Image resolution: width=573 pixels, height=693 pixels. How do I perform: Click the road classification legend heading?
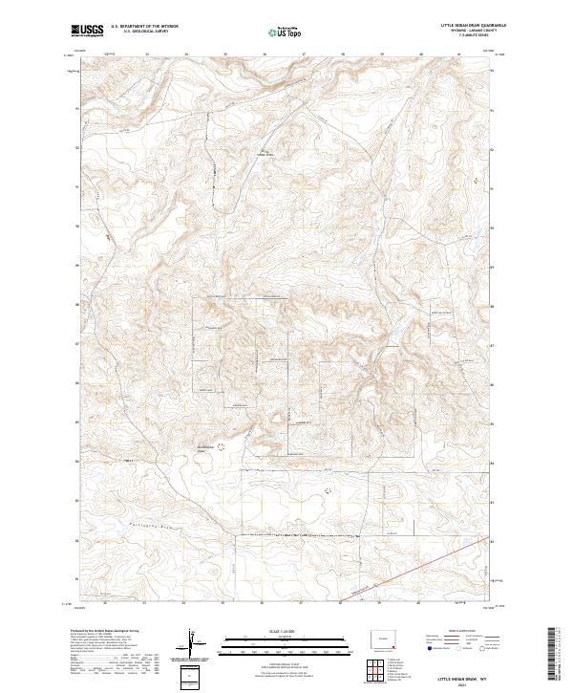click(x=449, y=632)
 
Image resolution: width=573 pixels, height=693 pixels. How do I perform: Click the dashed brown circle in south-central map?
click(x=329, y=490)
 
